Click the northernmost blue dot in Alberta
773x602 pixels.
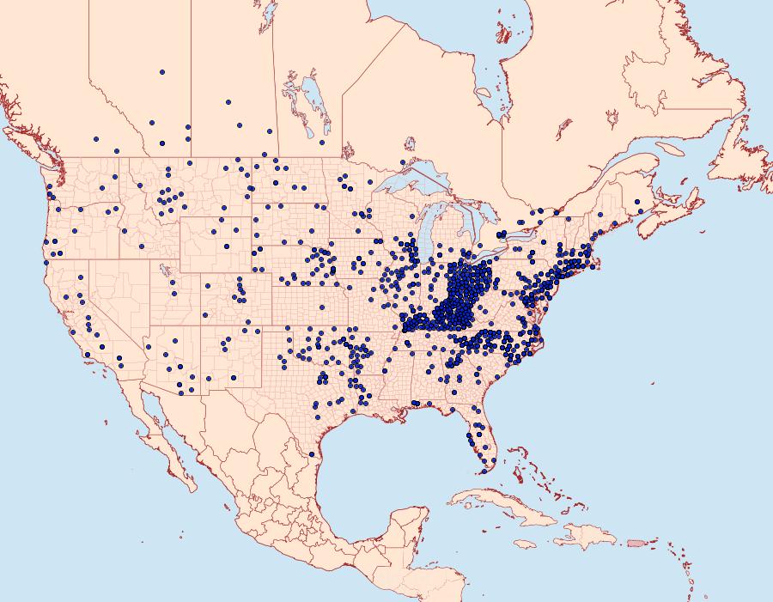point(161,72)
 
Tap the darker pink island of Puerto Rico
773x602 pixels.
point(636,542)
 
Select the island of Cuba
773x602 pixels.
point(507,508)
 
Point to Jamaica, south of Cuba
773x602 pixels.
point(525,544)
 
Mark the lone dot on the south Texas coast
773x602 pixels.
point(311,453)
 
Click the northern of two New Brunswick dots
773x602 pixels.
point(636,203)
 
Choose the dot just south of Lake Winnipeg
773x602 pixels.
point(321,143)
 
